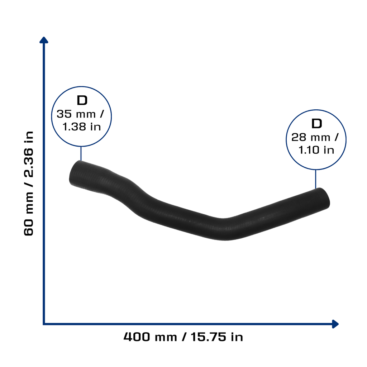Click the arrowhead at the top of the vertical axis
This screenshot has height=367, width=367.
(44, 40)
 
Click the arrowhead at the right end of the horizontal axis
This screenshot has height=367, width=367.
(335, 324)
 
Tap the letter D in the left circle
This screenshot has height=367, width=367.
(82, 100)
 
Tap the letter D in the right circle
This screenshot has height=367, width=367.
(316, 124)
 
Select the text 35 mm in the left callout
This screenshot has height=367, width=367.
(76, 114)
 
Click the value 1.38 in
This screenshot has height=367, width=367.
(81, 127)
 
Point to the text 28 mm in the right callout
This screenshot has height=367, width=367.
(311, 137)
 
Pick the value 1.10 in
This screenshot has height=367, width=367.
(316, 150)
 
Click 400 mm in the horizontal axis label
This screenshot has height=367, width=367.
(150, 337)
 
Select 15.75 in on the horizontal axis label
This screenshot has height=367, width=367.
(217, 337)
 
